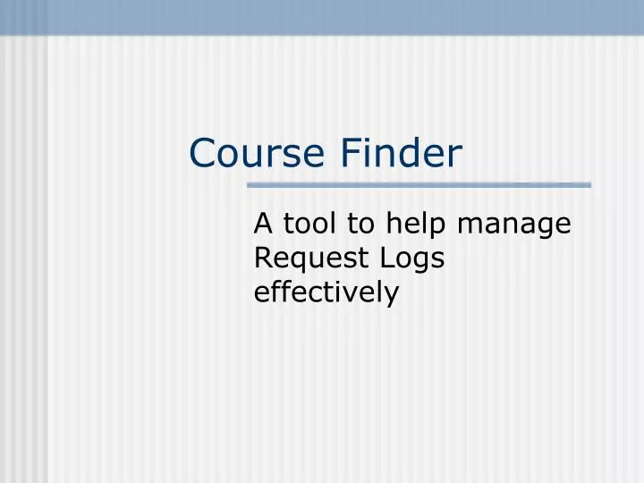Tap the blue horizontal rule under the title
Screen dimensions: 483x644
[419, 185]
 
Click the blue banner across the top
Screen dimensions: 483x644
[322, 16]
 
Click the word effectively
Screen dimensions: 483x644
[326, 292]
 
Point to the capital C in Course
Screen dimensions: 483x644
[203, 153]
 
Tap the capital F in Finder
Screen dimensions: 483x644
[348, 153]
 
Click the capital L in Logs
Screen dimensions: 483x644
[386, 258]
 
